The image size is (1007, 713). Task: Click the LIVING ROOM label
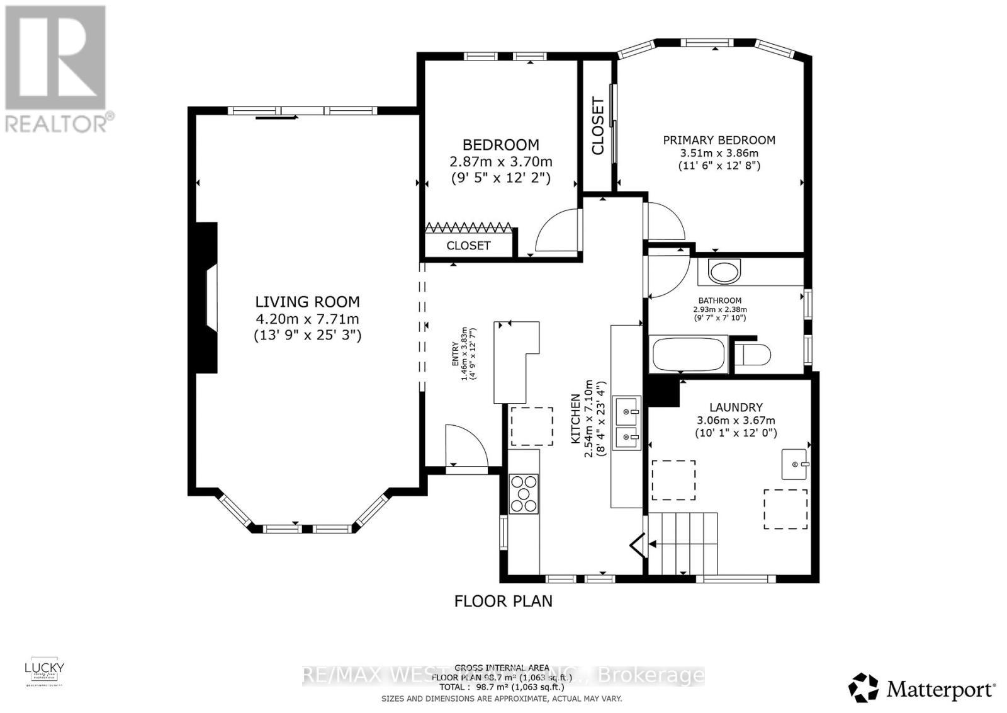307,302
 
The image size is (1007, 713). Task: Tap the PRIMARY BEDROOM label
719,140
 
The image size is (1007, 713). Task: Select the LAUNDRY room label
736,408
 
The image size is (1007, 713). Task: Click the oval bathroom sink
724,271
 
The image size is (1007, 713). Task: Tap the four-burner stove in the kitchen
524,494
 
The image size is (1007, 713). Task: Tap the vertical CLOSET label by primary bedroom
597,126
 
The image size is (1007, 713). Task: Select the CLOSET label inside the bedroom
468,246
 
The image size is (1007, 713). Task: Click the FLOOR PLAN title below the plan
503,601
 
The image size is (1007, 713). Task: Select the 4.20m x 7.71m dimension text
307,319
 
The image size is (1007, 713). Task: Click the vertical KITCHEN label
575,419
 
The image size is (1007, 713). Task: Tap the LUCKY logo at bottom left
44,671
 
